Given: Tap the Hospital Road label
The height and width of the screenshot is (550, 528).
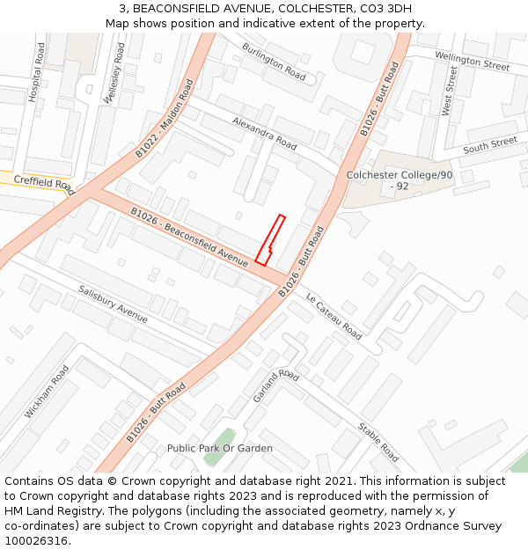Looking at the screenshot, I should point(36,73).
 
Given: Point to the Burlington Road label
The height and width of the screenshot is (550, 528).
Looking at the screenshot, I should point(274,62).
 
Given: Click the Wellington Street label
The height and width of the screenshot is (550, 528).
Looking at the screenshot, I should point(472,61).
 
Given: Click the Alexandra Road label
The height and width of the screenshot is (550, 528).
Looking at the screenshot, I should point(264,131).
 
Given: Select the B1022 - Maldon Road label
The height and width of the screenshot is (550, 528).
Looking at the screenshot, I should point(164,119).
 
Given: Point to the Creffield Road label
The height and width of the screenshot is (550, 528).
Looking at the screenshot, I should point(45,182).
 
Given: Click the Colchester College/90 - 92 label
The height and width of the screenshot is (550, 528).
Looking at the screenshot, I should point(400,180).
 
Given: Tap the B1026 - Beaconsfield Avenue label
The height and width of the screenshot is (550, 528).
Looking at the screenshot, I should point(189,235).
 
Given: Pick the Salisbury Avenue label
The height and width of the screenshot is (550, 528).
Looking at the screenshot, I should point(113,303).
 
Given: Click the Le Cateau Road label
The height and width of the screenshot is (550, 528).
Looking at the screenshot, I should point(334,316).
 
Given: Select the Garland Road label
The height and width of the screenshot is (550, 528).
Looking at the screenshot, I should point(275,386).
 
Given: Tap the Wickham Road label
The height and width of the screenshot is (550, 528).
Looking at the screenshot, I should point(47,391).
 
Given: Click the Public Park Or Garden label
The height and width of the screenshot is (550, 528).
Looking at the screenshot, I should point(220,448).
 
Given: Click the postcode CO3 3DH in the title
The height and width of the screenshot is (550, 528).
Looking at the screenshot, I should point(381,8).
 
